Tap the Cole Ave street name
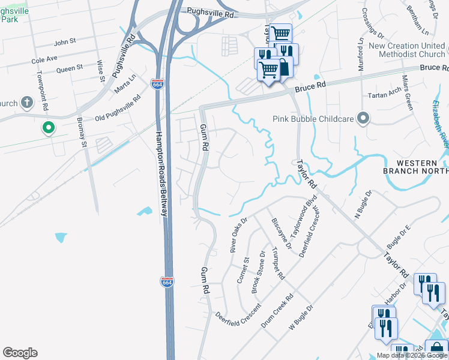[44, 59]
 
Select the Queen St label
[69, 69]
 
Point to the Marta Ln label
[125, 84]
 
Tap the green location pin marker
[48, 128]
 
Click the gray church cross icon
[26, 103]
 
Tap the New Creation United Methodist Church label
[407, 50]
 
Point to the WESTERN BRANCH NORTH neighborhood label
[415, 167]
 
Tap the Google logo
[20, 353]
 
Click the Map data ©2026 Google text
[412, 355]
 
